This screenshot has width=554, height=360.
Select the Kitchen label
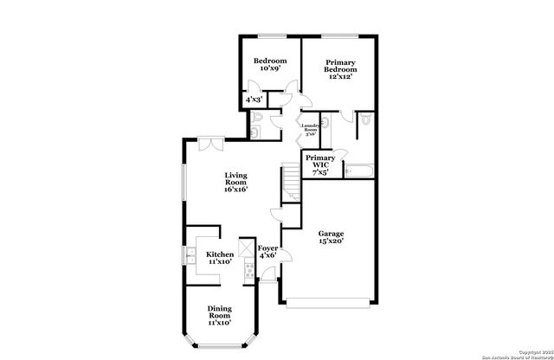pos(219,258)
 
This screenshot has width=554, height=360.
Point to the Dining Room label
pos(219,315)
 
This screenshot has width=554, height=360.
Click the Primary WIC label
pos(320,164)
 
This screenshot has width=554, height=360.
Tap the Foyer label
pos(267,252)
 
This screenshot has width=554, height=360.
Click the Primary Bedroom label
pos(341,69)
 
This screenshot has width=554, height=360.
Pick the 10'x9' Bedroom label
pos(269,67)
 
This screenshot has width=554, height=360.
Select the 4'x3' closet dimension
pos(254,100)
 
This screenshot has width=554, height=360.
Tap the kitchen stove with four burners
pos(248,271)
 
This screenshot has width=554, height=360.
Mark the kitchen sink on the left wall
pos(189,255)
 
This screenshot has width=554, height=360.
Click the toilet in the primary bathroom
pos(364,120)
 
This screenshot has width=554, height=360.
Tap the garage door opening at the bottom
pos(331,304)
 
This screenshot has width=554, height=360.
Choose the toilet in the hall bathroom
pos(256,130)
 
